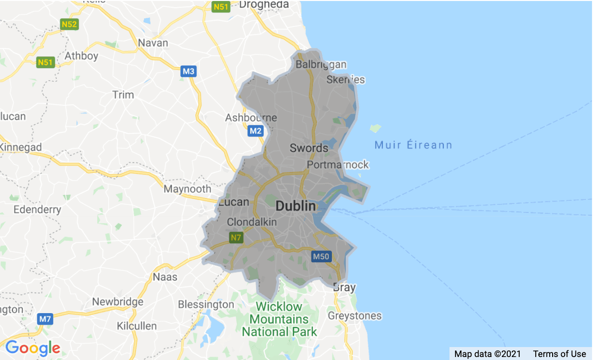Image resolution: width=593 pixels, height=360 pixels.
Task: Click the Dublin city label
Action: pyautogui.click(x=296, y=206)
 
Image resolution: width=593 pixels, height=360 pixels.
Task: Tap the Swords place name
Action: pyautogui.click(x=309, y=148)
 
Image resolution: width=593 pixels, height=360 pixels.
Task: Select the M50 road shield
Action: pyautogui.click(x=320, y=257)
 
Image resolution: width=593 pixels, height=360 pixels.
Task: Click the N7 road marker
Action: pyautogui.click(x=236, y=238)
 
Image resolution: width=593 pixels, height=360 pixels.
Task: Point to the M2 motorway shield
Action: pyautogui.click(x=255, y=131)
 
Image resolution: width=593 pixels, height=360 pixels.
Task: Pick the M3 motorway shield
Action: pyautogui.click(x=188, y=72)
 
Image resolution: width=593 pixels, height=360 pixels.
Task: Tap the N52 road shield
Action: pyautogui.click(x=69, y=24)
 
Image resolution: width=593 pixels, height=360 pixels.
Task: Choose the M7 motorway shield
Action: pyautogui.click(x=45, y=319)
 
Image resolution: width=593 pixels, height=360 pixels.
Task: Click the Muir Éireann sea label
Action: pyautogui.click(x=413, y=145)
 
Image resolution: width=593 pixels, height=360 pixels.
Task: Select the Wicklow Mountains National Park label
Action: pyautogui.click(x=279, y=319)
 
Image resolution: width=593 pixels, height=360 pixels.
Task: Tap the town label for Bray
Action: pyautogui.click(x=344, y=288)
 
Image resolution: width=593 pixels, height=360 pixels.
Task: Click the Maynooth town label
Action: pyautogui.click(x=187, y=189)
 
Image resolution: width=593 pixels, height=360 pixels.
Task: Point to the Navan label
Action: pyautogui.click(x=153, y=43)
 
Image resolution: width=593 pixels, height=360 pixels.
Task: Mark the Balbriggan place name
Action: pyautogui.click(x=321, y=65)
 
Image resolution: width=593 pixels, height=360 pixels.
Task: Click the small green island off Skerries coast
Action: pyautogui.click(x=375, y=128)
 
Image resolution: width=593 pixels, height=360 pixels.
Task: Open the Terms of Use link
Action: pyautogui.click(x=559, y=354)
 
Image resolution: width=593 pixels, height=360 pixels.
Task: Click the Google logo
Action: pyautogui.click(x=32, y=348)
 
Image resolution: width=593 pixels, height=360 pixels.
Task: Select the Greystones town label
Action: pyautogui.click(x=354, y=316)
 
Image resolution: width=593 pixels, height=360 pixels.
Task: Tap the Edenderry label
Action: pyautogui.click(x=37, y=209)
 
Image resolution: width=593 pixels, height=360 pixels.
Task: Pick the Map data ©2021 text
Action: pyautogui.click(x=487, y=354)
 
